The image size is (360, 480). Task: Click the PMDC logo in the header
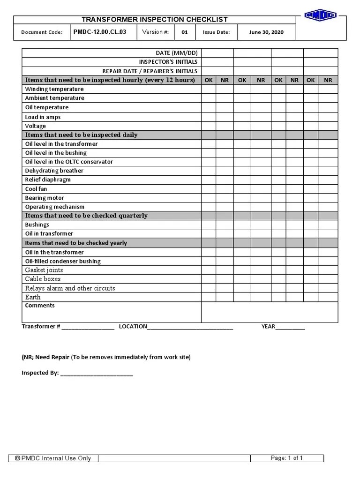tap(321, 15)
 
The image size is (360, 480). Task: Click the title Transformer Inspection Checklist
tap(155, 19)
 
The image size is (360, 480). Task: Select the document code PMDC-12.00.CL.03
tap(99, 32)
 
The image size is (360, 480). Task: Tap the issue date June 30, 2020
tap(266, 32)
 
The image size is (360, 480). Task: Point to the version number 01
tap(185, 32)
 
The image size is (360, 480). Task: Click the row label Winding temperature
tap(54, 89)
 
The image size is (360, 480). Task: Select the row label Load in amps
tap(43, 117)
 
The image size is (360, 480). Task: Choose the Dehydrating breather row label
tap(54, 171)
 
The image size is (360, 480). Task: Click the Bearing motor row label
tap(45, 198)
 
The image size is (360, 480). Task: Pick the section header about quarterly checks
tap(86, 216)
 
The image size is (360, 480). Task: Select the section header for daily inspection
tap(81, 135)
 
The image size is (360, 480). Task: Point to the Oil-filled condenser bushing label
tap(63, 261)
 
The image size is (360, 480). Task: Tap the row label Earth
tap(33, 297)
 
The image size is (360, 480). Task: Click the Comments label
tap(40, 306)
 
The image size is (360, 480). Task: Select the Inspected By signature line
tap(97, 374)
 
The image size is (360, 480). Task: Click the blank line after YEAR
tap(290, 327)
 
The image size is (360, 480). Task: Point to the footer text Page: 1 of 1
tap(286, 458)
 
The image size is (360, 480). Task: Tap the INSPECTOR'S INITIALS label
tap(168, 62)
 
